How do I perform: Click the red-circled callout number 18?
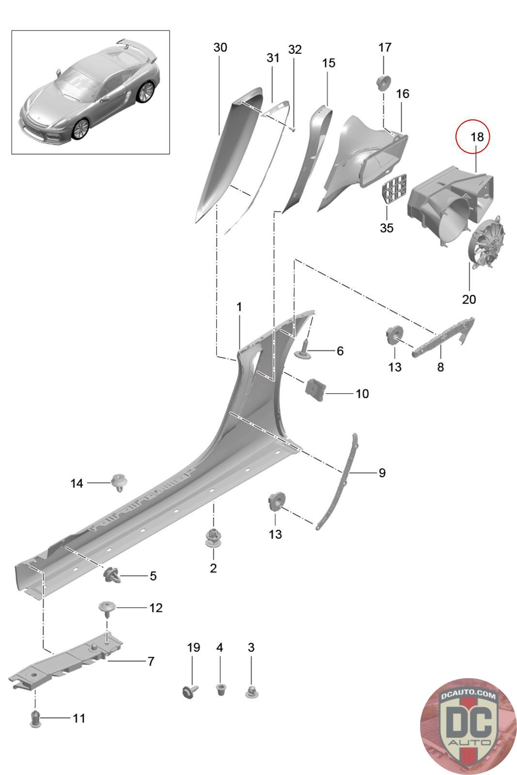pos(477,137)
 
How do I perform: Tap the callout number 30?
pos(220,47)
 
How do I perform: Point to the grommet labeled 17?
pos(384,82)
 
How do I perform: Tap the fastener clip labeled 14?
pos(118,482)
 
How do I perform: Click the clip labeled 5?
pos(111,574)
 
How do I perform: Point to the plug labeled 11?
pos(35,718)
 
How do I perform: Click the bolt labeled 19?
pos(189,690)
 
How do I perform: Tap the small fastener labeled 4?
pos(220,688)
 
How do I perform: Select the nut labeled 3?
pos(251,691)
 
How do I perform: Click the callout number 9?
pos(382,472)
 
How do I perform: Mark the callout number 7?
pos(151,661)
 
